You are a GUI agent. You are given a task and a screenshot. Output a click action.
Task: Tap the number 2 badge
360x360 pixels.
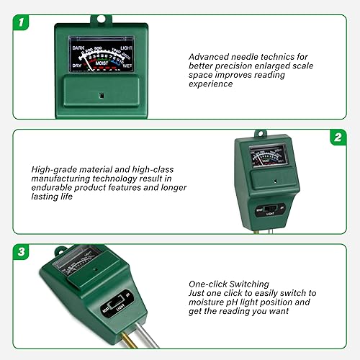pyautogui.click(x=336, y=137)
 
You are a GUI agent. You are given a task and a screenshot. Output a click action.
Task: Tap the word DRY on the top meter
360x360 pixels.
pyautogui.click(x=78, y=66)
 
